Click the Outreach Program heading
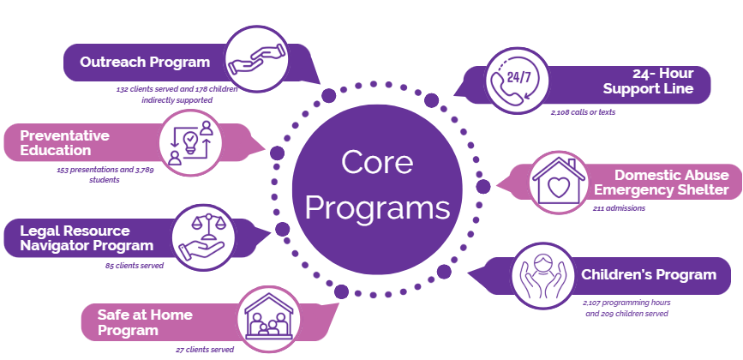[145, 62]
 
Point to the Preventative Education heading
[65, 142]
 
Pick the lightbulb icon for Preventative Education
[191, 141]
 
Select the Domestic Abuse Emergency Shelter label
[660, 182]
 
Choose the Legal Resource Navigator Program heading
[80, 238]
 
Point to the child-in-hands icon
[542, 276]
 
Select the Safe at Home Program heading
[146, 322]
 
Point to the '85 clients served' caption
[129, 265]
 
